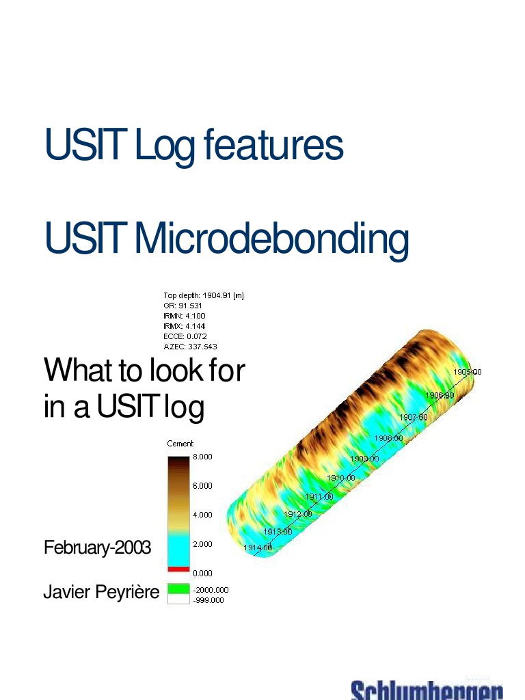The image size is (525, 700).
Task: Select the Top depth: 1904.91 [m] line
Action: [x=204, y=295]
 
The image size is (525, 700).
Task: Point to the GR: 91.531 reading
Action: [x=183, y=306]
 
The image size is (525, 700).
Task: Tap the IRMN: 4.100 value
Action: [x=184, y=316]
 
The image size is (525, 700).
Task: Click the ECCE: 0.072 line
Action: [x=184, y=336]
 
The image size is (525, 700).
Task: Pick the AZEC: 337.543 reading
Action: [x=190, y=347]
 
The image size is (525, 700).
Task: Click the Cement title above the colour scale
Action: [x=180, y=444]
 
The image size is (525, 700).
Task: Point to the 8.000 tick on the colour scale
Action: [x=202, y=457]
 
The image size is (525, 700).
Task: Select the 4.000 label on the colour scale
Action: [x=202, y=515]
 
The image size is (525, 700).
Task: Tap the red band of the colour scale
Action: [x=178, y=569]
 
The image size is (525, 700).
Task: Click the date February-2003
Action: [x=97, y=548]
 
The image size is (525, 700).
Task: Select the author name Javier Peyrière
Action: [x=100, y=592]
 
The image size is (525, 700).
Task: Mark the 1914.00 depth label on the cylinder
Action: [x=258, y=548]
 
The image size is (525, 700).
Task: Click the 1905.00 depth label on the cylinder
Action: [x=468, y=372]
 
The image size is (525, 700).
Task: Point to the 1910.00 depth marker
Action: [x=340, y=478]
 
